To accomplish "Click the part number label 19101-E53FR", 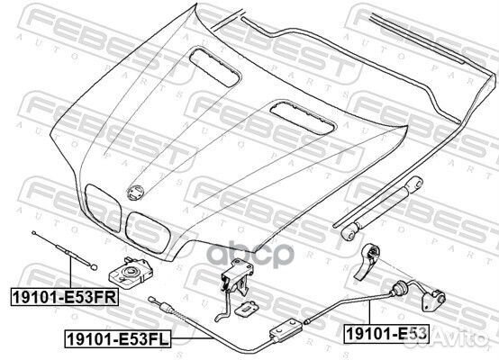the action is click(65, 297).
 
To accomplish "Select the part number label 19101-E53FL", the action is click(118, 338).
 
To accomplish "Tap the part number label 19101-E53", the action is click(386, 334).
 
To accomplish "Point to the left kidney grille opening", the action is click(103, 208).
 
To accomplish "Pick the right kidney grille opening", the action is click(148, 232).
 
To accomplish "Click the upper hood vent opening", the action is click(214, 67).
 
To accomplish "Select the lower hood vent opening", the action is click(303, 117).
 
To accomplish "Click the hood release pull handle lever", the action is click(367, 261).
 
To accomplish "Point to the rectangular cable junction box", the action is click(286, 329).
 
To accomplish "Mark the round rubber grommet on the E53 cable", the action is click(399, 288).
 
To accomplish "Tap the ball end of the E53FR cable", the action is click(94, 267).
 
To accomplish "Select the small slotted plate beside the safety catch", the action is click(247, 308).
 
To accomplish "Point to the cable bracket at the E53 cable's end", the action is click(434, 300).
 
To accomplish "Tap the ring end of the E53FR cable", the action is click(33, 233).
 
